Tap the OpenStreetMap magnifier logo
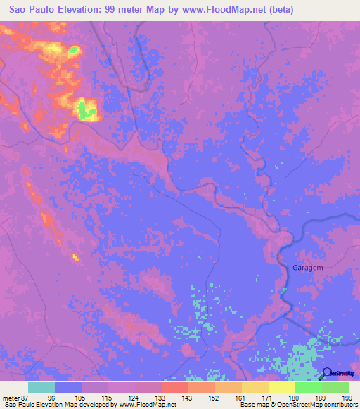[328, 374]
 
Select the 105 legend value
[81, 397]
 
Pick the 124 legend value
[134, 397]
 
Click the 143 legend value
[188, 397]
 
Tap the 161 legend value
[240, 397]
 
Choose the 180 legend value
[294, 397]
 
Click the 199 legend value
[347, 397]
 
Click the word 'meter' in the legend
[10, 397]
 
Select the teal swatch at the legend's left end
[41, 387]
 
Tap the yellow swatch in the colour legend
[281, 387]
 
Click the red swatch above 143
[174, 387]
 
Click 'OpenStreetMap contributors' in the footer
[314, 405]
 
